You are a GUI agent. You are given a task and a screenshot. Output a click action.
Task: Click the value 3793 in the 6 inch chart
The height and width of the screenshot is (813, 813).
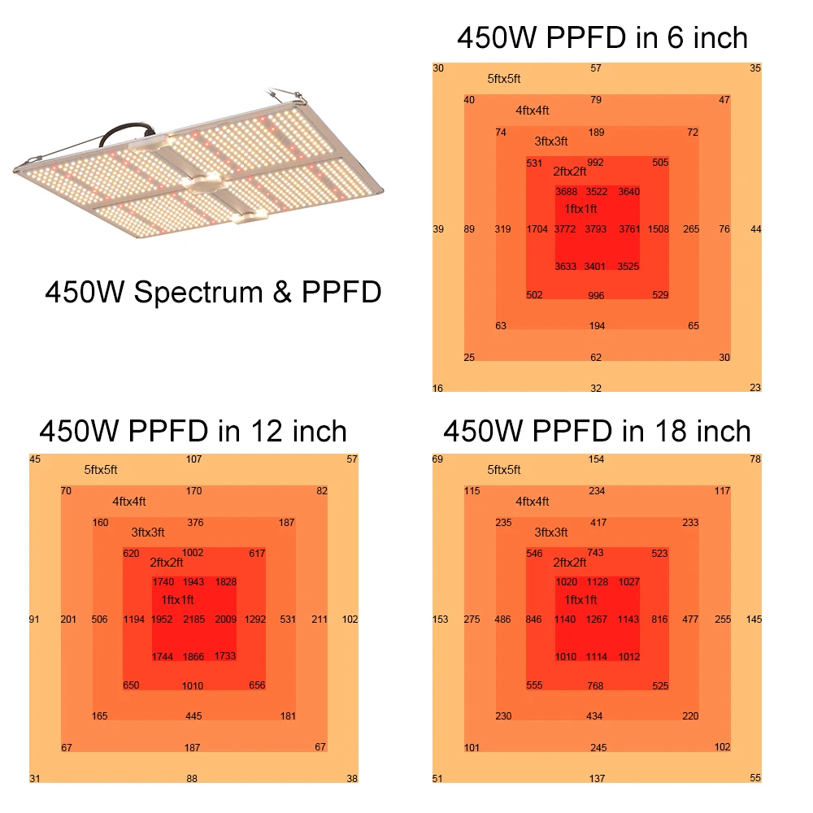coord(596,229)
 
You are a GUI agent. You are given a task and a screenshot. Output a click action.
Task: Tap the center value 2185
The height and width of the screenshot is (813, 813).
coord(193,620)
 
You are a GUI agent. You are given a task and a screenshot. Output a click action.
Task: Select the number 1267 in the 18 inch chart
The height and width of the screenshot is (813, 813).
coord(596,620)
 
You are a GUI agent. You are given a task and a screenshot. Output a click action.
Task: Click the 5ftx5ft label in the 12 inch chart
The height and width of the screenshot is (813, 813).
coord(101,470)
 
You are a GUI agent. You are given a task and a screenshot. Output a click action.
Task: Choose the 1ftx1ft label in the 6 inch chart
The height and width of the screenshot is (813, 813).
coord(581,209)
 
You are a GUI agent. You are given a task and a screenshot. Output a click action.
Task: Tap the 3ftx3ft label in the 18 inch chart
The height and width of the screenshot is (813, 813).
coord(551,533)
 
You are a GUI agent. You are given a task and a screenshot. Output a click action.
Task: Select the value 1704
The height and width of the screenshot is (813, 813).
coord(537,229)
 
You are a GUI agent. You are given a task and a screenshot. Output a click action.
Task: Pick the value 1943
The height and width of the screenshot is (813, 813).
coord(193,582)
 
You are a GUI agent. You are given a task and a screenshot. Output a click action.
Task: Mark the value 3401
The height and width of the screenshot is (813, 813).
coord(596,266)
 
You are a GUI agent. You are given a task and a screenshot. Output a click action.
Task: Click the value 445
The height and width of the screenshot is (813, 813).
coord(193,716)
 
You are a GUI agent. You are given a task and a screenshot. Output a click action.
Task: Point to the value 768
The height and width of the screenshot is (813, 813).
coord(596,686)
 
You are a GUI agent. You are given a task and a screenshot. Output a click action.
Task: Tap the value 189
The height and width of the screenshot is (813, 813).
coord(596,133)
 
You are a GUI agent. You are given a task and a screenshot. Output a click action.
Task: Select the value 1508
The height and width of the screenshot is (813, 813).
coord(659,229)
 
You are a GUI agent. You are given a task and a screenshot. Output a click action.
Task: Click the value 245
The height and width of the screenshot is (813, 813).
coord(598,748)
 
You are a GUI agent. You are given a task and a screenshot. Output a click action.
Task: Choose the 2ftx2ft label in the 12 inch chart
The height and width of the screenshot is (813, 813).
coord(167,562)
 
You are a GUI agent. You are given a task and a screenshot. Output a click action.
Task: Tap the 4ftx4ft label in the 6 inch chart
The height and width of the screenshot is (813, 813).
coord(533,111)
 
